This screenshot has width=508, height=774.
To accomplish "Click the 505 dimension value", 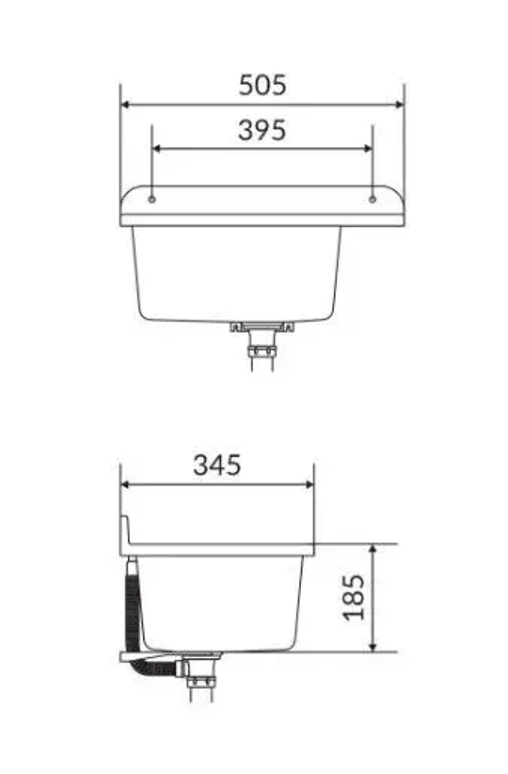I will pos(262,85).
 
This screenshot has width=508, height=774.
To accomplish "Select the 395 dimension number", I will pos(262,130).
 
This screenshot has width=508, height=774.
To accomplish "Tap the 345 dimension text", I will pos(217,465).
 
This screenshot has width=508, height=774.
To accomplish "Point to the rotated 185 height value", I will pos(354,598).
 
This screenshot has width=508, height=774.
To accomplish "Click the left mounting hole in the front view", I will pos(152,200).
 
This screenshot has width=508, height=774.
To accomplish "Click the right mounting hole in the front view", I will pos(372,200).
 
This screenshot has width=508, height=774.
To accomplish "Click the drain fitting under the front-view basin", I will pos(262,328).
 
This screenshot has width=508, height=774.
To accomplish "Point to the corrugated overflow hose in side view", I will pos(131,609).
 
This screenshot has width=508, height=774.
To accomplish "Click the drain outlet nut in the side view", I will pos(200,682).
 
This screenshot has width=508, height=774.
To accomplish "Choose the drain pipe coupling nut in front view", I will pos(262,351).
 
